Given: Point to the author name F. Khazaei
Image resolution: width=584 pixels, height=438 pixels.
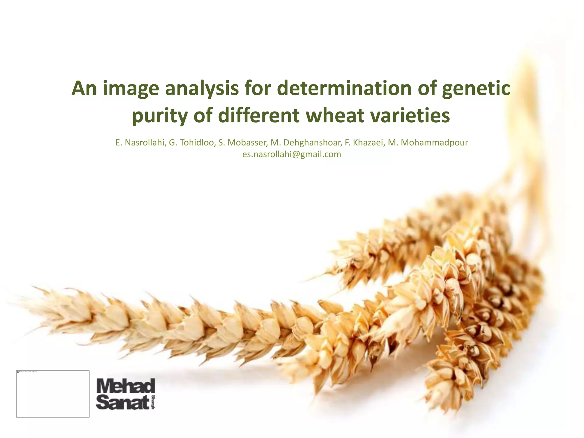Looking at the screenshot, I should [364, 143].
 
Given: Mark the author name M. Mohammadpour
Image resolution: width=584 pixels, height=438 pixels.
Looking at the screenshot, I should [428, 143].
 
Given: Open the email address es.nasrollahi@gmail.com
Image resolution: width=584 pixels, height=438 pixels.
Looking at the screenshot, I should [292, 155].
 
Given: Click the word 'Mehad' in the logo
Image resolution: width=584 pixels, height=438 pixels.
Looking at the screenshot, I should [126, 386].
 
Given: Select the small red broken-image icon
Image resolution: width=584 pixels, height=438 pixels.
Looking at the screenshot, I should [18, 372].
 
